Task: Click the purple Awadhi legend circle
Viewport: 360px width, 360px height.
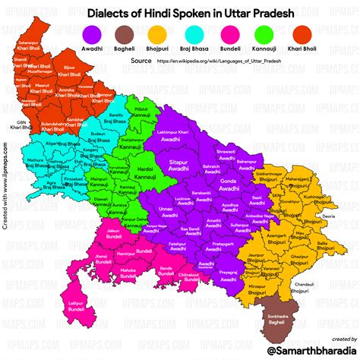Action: pyautogui.click(x=93, y=33)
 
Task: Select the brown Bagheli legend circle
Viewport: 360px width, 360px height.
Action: pyautogui.click(x=125, y=33)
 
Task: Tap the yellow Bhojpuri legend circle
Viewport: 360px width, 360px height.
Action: pyautogui.click(x=158, y=33)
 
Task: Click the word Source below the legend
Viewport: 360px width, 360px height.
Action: pyautogui.click(x=141, y=59)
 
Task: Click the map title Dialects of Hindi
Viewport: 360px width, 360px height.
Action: pyautogui.click(x=179, y=12)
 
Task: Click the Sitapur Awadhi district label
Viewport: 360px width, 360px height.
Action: pyautogui.click(x=178, y=166)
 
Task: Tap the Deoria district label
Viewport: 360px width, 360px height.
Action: pyautogui.click(x=328, y=216)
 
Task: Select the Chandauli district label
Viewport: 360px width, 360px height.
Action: pyautogui.click(x=304, y=285)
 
